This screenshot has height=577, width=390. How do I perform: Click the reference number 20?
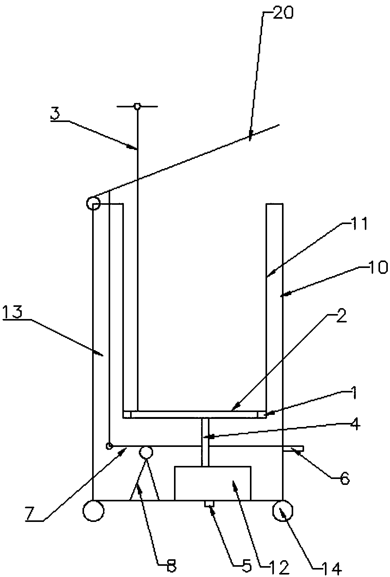(x=283, y=14)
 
